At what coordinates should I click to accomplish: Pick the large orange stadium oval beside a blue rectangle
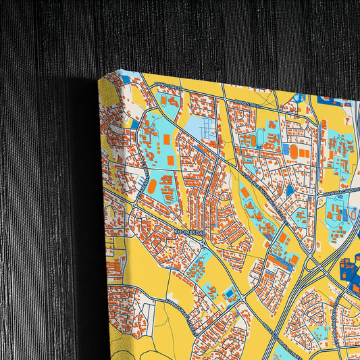pos(153,185)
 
